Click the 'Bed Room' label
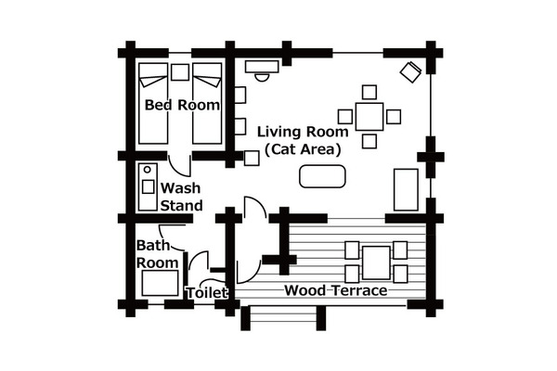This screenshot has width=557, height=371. [182, 105]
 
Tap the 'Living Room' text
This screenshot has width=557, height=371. [303, 132]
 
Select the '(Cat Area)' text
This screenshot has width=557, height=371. [303, 149]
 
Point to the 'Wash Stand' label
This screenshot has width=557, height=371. [181, 197]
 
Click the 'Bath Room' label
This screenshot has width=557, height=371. [158, 254]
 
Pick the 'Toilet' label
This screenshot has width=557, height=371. [207, 293]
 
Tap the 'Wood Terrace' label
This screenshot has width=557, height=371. [336, 290]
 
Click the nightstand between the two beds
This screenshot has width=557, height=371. [180, 72]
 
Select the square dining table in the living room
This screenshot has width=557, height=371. [369, 117]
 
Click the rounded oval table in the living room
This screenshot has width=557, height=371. [322, 176]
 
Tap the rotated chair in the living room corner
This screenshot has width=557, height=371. [411, 72]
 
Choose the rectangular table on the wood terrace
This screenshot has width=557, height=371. [376, 262]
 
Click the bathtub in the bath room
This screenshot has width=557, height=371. [161, 283]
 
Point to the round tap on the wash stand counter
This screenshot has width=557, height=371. [148, 170]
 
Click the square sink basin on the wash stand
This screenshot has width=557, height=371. [149, 186]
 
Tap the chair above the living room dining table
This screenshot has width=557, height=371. [369, 93]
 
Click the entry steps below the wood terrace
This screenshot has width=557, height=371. [283, 318]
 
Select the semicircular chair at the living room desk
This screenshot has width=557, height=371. [262, 77]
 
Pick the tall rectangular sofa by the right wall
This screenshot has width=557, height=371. [406, 190]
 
